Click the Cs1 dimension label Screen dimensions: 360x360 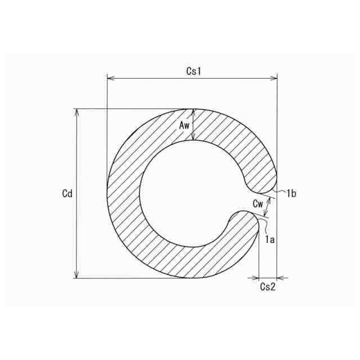click(193, 71)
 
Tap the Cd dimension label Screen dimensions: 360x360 click(67, 193)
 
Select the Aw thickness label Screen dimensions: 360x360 click(184, 125)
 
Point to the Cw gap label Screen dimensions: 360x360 click(258, 204)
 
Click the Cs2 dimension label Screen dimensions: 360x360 click(268, 286)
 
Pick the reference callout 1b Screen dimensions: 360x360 click(291, 193)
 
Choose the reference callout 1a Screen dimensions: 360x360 click(270, 240)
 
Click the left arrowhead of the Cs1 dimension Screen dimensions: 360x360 click(111, 79)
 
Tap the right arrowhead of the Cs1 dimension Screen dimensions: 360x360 click(274, 79)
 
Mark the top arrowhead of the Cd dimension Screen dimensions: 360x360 click(77, 112)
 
